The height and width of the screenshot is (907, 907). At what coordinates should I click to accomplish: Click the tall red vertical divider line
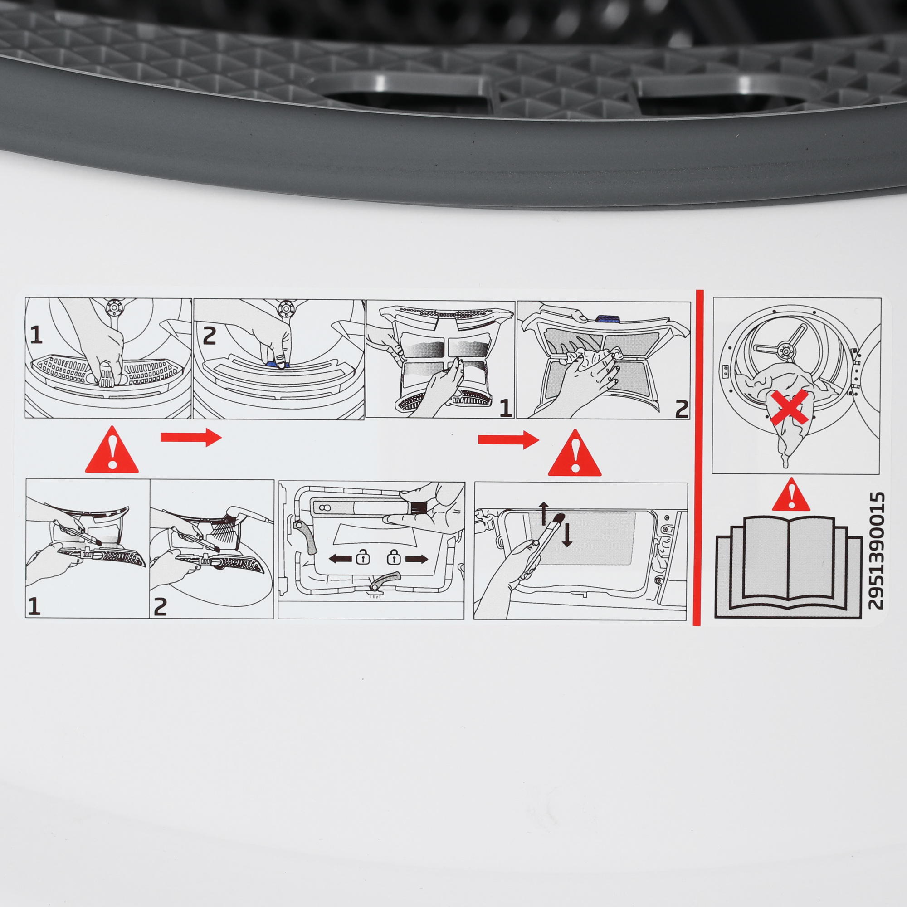click(697, 458)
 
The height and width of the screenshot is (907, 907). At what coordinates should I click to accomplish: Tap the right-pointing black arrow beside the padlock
click(416, 559)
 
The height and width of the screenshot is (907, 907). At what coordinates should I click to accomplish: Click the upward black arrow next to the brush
click(544, 512)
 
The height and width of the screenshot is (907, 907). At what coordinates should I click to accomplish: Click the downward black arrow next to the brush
click(567, 536)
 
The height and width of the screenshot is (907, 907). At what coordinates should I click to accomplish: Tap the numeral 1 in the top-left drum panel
click(36, 335)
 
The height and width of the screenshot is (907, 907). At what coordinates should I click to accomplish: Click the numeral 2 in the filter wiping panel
click(681, 409)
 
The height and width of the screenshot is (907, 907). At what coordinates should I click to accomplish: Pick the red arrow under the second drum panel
click(190, 437)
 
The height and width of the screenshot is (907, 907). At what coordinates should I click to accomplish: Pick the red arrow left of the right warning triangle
click(508, 439)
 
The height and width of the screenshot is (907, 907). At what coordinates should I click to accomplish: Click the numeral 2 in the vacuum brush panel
click(160, 607)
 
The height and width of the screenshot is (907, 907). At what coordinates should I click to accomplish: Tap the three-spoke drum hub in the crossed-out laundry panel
click(785, 350)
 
